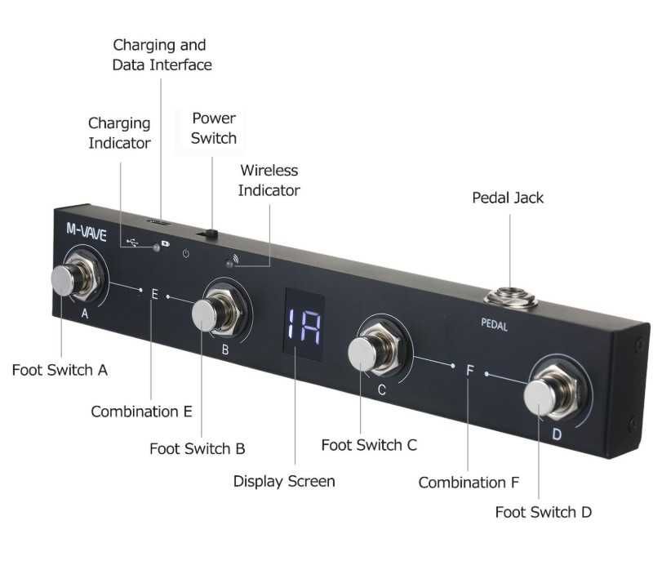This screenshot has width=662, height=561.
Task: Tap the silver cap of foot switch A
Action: pyautogui.click(x=63, y=280)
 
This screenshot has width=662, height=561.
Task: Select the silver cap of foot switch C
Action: pyautogui.click(x=362, y=354)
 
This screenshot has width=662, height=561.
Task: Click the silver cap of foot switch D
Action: pyautogui.click(x=540, y=398)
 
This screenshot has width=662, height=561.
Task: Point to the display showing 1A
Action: pyautogui.click(x=304, y=325)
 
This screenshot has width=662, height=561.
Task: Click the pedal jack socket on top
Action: pyautogui.click(x=510, y=296)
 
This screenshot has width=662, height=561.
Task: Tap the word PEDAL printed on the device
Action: pyautogui.click(x=494, y=324)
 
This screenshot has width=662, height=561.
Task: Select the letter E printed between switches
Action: pyautogui.click(x=154, y=294)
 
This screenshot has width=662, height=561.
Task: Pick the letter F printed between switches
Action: pyautogui.click(x=470, y=371)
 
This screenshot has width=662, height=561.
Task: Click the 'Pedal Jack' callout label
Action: pyautogui.click(x=508, y=198)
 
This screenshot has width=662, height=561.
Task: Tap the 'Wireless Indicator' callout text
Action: pyautogui.click(x=269, y=180)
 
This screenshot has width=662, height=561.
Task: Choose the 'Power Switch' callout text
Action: pyautogui.click(x=214, y=128)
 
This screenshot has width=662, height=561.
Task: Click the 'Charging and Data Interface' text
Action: pyautogui.click(x=162, y=55)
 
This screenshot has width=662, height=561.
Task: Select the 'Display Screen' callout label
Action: pyautogui.click(x=284, y=481)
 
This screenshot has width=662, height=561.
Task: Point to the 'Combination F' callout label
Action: pyautogui.click(x=469, y=483)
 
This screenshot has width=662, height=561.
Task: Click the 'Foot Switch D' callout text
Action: pyautogui.click(x=544, y=512)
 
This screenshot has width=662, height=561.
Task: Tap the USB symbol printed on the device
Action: pyautogui.click(x=133, y=242)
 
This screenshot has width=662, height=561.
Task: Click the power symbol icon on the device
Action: pyautogui.click(x=186, y=253)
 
